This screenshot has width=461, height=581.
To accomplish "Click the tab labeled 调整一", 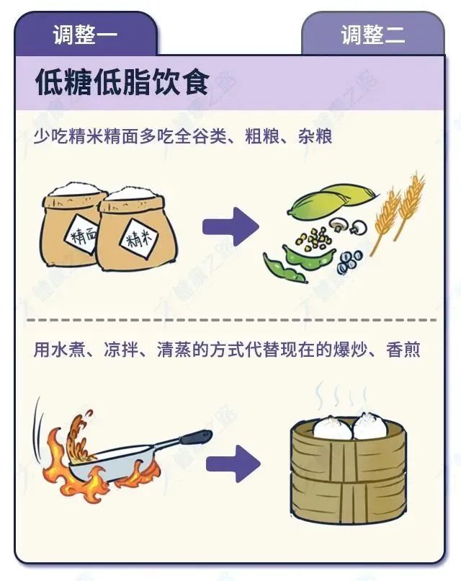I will (85, 34).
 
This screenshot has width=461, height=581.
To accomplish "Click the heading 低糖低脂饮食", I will (122, 83).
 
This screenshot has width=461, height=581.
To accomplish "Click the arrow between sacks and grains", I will (230, 228).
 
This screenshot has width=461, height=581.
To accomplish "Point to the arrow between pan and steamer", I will (233, 464).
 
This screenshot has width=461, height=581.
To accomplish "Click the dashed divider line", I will (230, 319).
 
